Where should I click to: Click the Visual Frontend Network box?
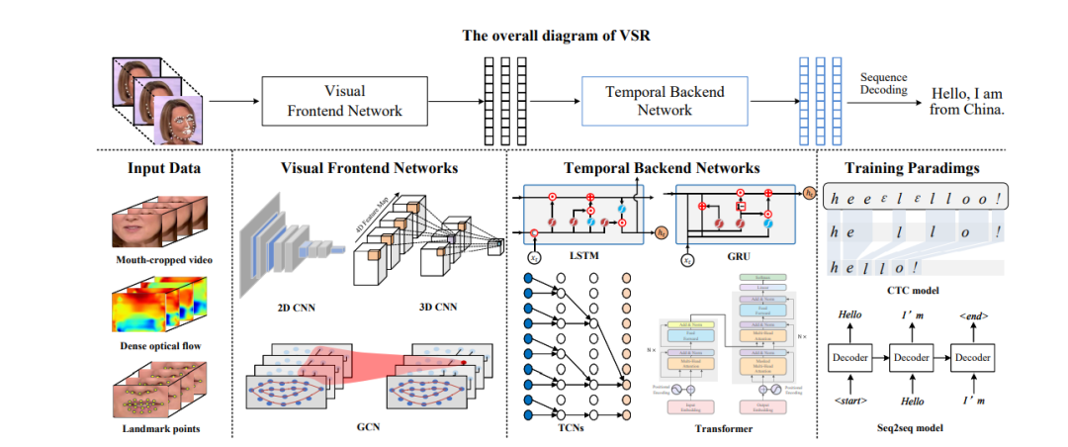coord(344,100)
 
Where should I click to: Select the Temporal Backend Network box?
coord(665,100)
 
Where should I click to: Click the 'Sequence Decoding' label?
coord(883,83)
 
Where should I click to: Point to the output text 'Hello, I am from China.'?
coord(966,101)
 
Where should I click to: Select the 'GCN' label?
coord(369,427)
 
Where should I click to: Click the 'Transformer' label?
coord(723,428)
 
